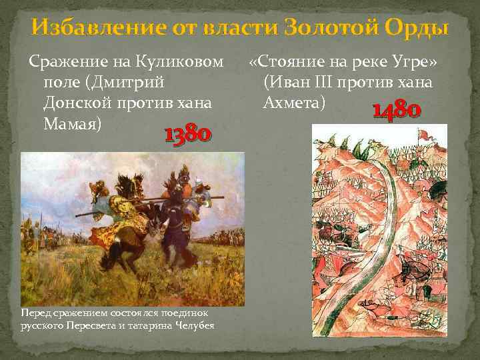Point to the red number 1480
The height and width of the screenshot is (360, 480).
point(396,110)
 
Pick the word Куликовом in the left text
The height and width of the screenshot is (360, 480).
point(189,63)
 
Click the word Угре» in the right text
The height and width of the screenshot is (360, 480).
point(415,63)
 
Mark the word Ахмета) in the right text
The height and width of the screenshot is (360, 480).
point(295,104)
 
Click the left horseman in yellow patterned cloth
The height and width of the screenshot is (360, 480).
point(110,203)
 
